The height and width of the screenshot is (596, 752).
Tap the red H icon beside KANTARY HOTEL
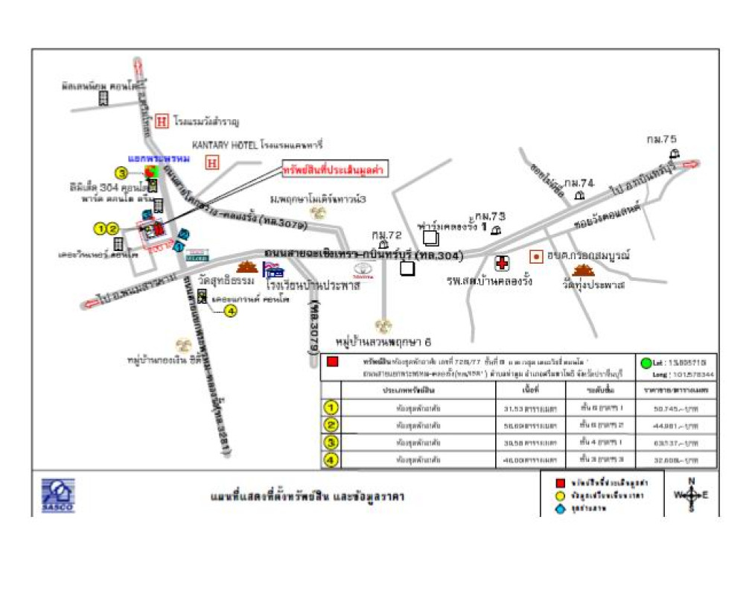(212, 161)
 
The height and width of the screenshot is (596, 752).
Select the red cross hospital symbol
(503, 263)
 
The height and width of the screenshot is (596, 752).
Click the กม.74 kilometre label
(579, 183)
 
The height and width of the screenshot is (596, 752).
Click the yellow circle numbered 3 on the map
(121, 173)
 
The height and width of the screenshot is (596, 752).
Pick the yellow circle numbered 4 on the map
(231, 311)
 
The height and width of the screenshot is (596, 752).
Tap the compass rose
(691, 495)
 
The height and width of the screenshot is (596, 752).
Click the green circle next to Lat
(646, 364)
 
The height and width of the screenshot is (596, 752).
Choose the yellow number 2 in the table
(331, 425)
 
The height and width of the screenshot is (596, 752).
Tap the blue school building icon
(273, 270)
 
